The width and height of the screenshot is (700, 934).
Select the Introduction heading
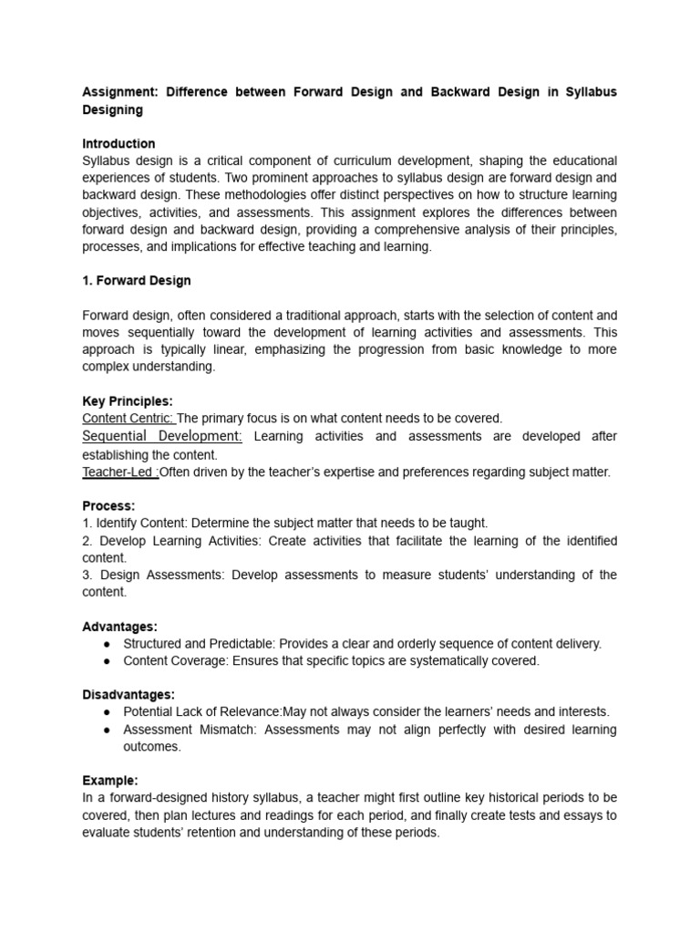coord(118,143)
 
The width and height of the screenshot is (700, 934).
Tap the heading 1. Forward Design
coord(137,280)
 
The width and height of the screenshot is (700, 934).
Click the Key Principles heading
coord(128,400)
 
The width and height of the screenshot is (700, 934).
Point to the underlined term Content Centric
coord(128,418)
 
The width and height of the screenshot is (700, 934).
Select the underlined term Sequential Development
coord(162,436)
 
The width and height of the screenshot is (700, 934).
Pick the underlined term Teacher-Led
coord(119,472)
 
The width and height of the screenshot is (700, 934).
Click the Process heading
coord(108,505)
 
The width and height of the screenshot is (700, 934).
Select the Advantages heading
coord(119,627)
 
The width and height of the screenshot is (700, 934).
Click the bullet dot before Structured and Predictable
coord(108,644)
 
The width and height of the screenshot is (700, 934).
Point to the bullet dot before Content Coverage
coord(108,661)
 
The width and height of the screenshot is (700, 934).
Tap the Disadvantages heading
coord(129,695)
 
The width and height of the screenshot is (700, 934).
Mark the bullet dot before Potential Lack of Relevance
coord(108,711)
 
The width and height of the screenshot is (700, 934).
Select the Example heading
coord(110,781)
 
